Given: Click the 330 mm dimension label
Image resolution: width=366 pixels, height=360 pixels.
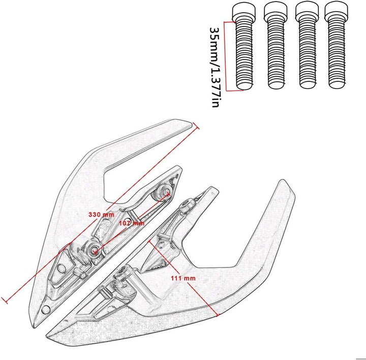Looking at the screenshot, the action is pos(101,214).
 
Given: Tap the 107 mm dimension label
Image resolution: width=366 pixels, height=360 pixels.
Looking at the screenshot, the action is pos(132,223).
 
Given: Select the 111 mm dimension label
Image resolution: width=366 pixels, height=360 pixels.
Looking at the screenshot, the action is pos(183,278).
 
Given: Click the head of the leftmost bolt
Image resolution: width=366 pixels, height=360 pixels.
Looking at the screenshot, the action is pos(243,11).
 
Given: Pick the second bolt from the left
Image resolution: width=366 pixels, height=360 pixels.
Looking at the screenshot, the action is pos(276,46).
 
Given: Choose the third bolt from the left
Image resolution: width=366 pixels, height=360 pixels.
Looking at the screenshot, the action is pos(307,46).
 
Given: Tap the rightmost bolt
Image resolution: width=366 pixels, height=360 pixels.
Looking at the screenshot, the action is pos(337,46).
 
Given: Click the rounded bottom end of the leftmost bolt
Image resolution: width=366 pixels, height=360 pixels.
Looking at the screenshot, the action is pos(244,86).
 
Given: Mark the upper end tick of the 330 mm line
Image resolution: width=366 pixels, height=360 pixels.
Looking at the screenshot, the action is pos(195,126).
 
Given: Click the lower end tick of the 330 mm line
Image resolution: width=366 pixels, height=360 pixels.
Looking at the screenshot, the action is pos(5,300).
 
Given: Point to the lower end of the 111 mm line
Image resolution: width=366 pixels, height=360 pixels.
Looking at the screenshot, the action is pos(217,316).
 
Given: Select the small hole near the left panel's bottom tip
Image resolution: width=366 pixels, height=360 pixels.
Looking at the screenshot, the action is pos(46,310).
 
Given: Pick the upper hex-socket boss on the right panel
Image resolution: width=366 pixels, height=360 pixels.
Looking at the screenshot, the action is pos(187,205).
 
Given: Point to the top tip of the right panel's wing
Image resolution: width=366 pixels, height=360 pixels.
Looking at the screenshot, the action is pos(283,181).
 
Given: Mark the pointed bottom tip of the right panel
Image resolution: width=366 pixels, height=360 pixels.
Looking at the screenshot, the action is pos(48,337).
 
